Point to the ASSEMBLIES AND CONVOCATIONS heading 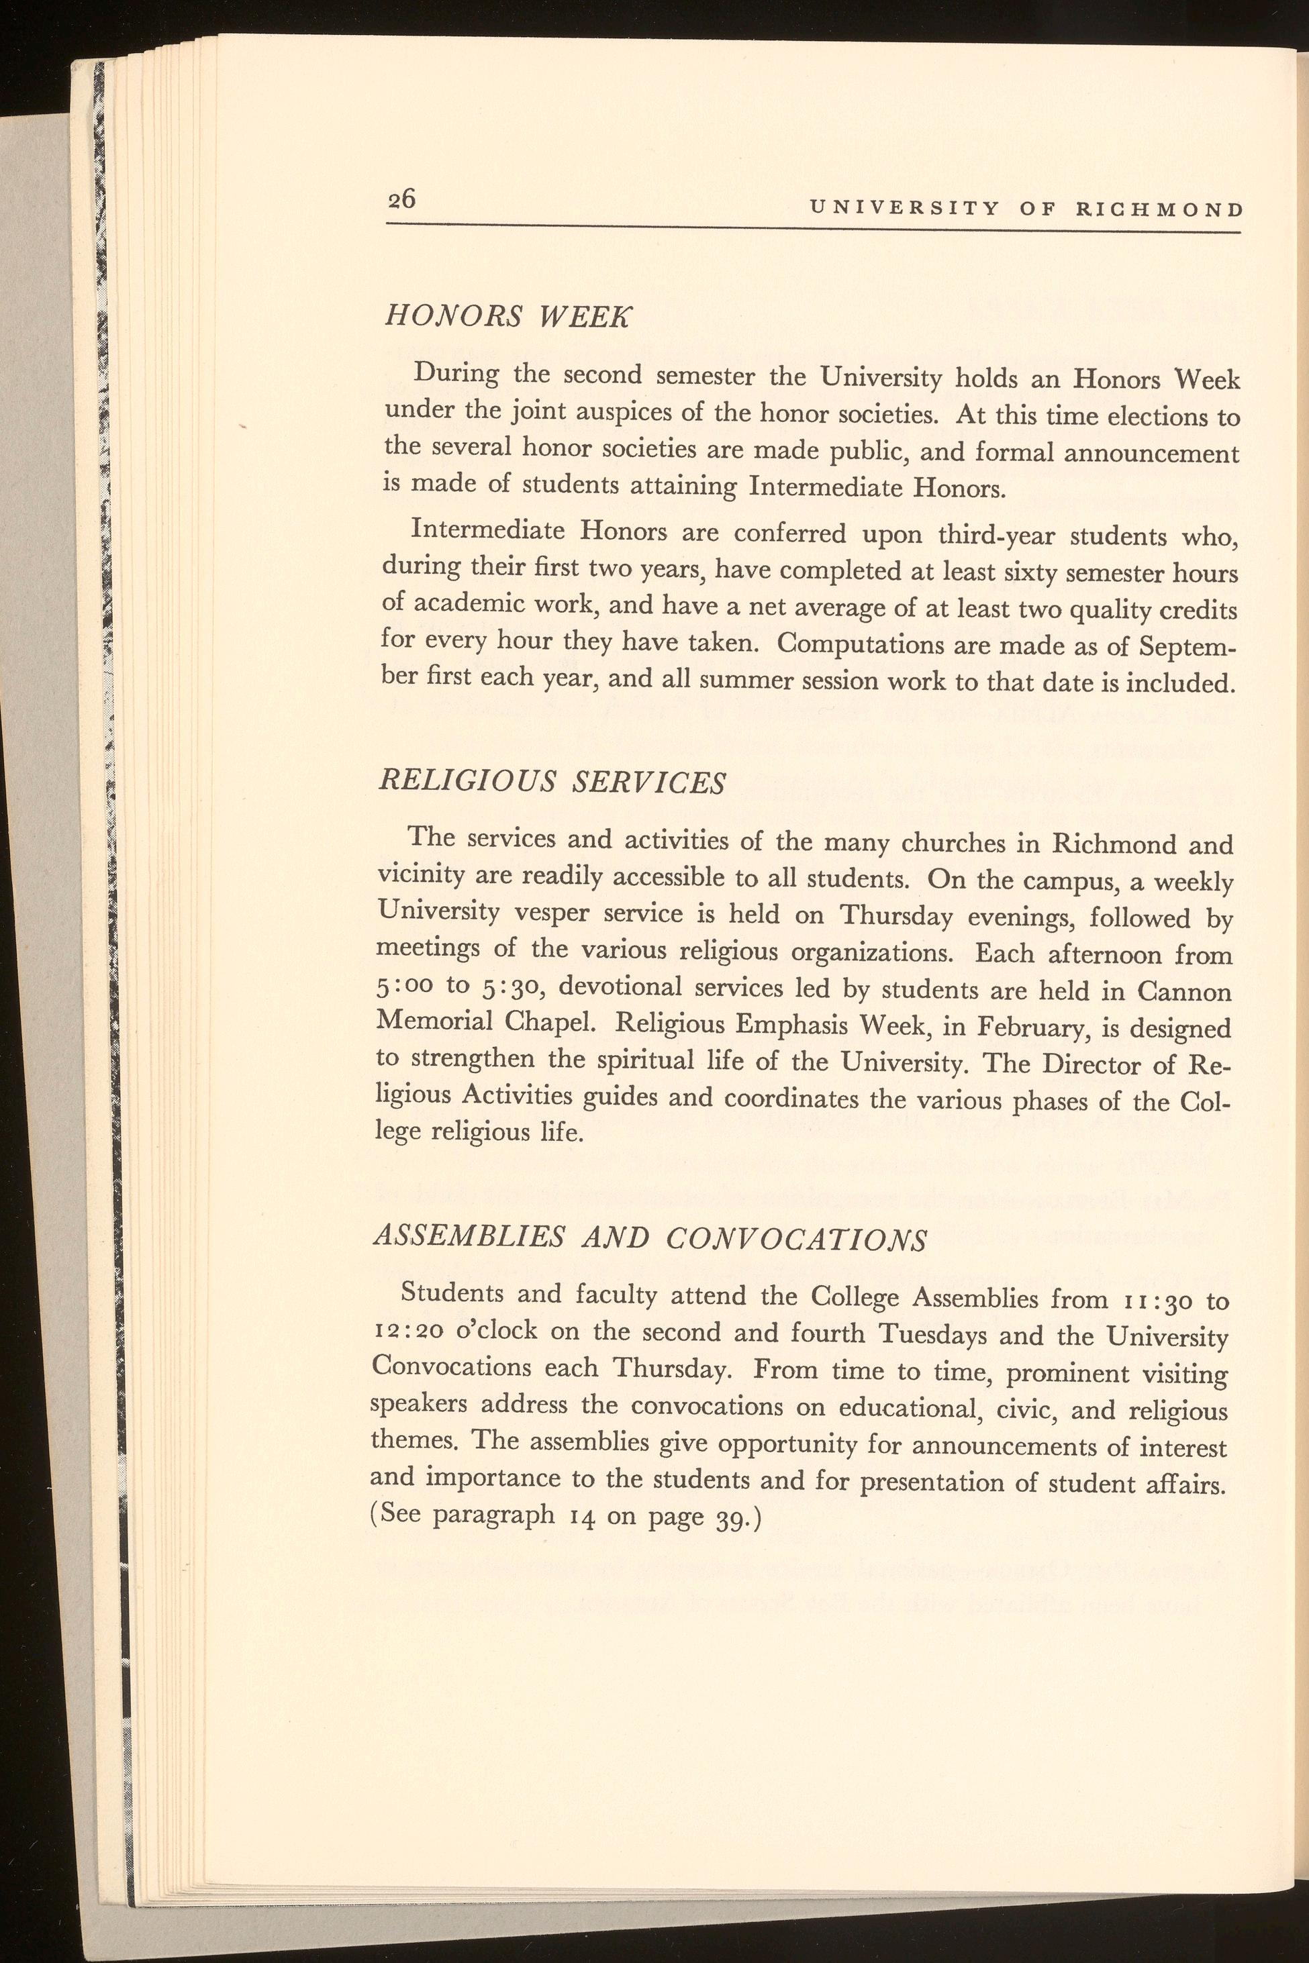point(648,1238)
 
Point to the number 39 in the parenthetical point(732,1515)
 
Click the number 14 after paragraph point(583,1515)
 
